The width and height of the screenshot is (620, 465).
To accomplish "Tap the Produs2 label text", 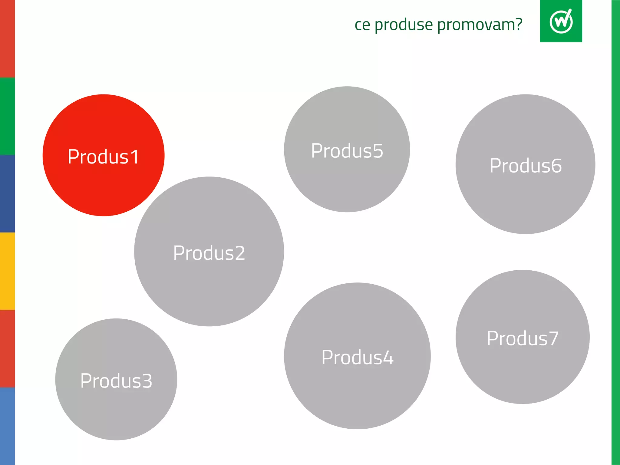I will pyautogui.click(x=209, y=253).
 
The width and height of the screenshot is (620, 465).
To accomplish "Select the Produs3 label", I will pyautogui.click(x=116, y=381).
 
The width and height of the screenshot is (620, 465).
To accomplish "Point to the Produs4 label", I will pyautogui.click(x=357, y=357).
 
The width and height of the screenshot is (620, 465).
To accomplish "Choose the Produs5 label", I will pyautogui.click(x=347, y=150).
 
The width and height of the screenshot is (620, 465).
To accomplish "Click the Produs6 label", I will pyautogui.click(x=526, y=166).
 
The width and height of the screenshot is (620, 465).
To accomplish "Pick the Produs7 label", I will pyautogui.click(x=523, y=338).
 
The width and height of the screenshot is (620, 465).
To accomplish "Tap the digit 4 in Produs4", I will pyautogui.click(x=387, y=358).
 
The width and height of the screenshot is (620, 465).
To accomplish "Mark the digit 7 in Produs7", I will pyautogui.click(x=553, y=338).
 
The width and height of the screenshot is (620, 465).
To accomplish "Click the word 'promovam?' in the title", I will pyautogui.click(x=480, y=25).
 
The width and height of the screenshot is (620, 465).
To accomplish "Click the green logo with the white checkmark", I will pyautogui.click(x=561, y=21).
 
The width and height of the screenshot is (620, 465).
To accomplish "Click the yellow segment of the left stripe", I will pyautogui.click(x=7, y=271).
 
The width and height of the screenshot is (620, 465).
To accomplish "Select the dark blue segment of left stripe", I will pyautogui.click(x=7, y=194).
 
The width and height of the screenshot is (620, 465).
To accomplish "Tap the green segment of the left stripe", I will pyautogui.click(x=7, y=116).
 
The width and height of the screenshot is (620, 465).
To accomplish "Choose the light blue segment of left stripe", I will pyautogui.click(x=7, y=426).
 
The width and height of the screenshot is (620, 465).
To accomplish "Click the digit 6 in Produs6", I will pyautogui.click(x=556, y=166).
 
